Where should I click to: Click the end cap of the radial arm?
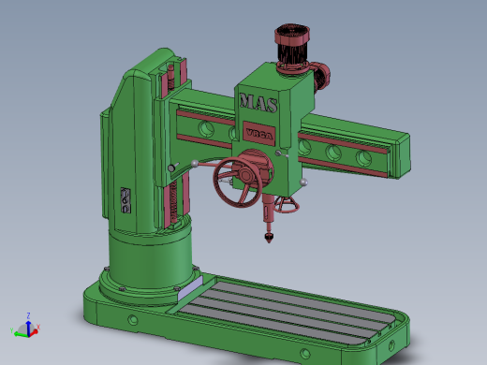point(398,155)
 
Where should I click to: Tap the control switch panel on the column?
point(125,201)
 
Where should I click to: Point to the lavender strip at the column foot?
point(186,293)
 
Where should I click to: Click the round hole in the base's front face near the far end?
point(303,353)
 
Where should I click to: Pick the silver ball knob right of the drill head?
point(304,181)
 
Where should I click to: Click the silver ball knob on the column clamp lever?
point(172,168)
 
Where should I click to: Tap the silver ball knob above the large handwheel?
point(194,164)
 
